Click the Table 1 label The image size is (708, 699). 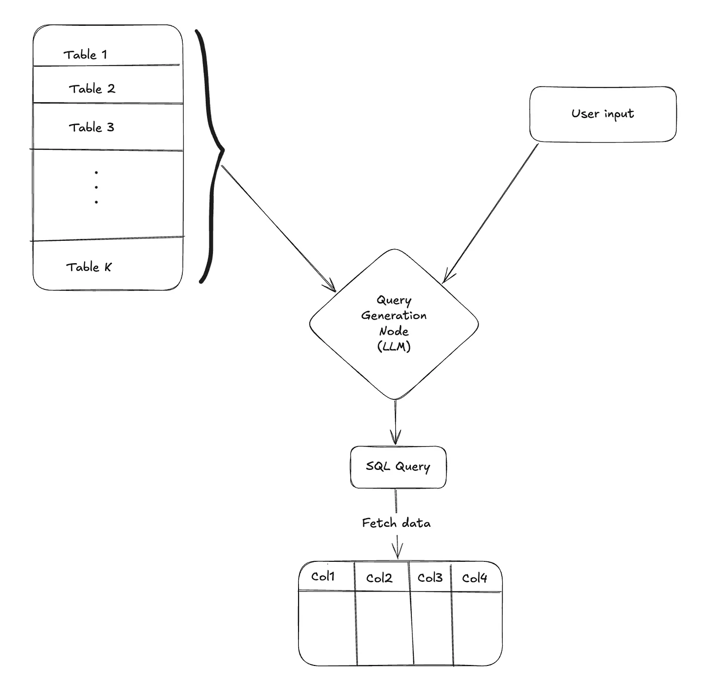(x=85, y=54)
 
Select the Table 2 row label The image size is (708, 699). (x=92, y=89)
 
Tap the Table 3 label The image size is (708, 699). (x=91, y=127)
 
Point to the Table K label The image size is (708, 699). (x=89, y=267)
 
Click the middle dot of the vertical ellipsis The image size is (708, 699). (x=96, y=187)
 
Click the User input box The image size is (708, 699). (x=602, y=114)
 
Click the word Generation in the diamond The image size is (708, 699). (x=394, y=316)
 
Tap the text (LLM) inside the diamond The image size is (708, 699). (x=394, y=347)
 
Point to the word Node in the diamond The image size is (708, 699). (x=394, y=331)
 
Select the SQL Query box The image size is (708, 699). (x=398, y=467)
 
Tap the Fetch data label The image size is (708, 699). (x=396, y=523)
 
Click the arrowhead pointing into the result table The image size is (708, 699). (x=397, y=552)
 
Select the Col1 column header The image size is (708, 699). (x=323, y=576)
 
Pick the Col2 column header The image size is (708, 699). (x=379, y=578)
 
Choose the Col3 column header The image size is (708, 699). (x=430, y=578)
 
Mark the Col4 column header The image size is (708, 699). (x=475, y=578)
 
